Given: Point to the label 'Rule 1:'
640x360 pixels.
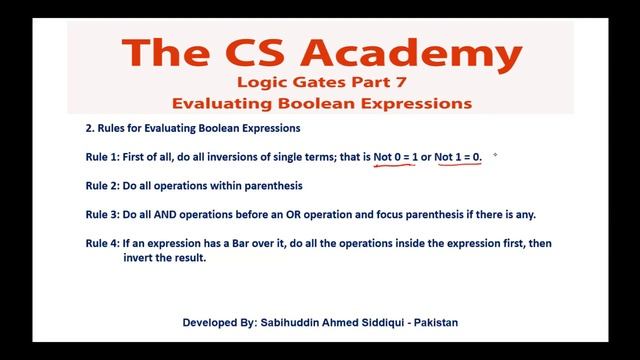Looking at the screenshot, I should [x=104, y=157].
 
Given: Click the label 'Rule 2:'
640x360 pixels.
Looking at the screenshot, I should [x=104, y=186].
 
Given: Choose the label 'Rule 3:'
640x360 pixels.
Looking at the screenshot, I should [x=104, y=214].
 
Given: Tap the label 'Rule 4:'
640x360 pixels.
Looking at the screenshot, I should [x=104, y=243].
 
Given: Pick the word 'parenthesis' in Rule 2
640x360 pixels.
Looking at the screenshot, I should [x=271, y=186].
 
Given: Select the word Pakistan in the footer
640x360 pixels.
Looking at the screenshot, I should [x=431, y=324].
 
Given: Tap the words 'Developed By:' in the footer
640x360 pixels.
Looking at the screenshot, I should [x=220, y=324].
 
